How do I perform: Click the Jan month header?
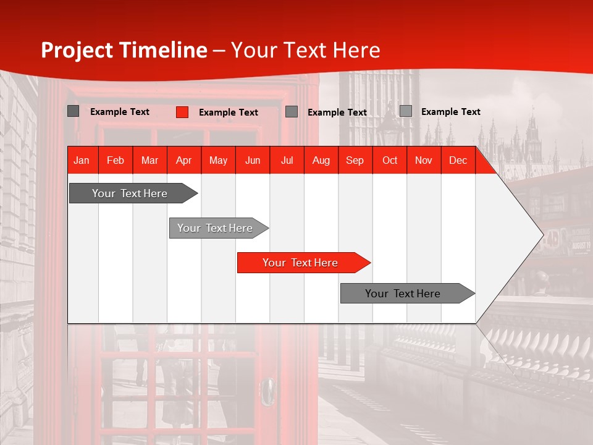coord(82,160)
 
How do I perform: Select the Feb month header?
coord(116,160)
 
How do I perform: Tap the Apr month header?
coord(183,160)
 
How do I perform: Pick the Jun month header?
coord(252,160)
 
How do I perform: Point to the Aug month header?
coord(321,160)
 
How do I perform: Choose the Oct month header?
coord(389,160)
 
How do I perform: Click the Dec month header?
coord(458,160)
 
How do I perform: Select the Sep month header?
coord(355,160)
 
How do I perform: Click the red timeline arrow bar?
coord(303,263)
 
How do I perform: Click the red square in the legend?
coord(182,112)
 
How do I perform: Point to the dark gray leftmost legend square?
coord(73,111)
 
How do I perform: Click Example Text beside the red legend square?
coord(228,112)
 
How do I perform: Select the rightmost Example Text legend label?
coord(450,111)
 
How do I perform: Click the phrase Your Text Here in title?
coord(305,50)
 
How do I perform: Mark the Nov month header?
coord(423,160)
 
